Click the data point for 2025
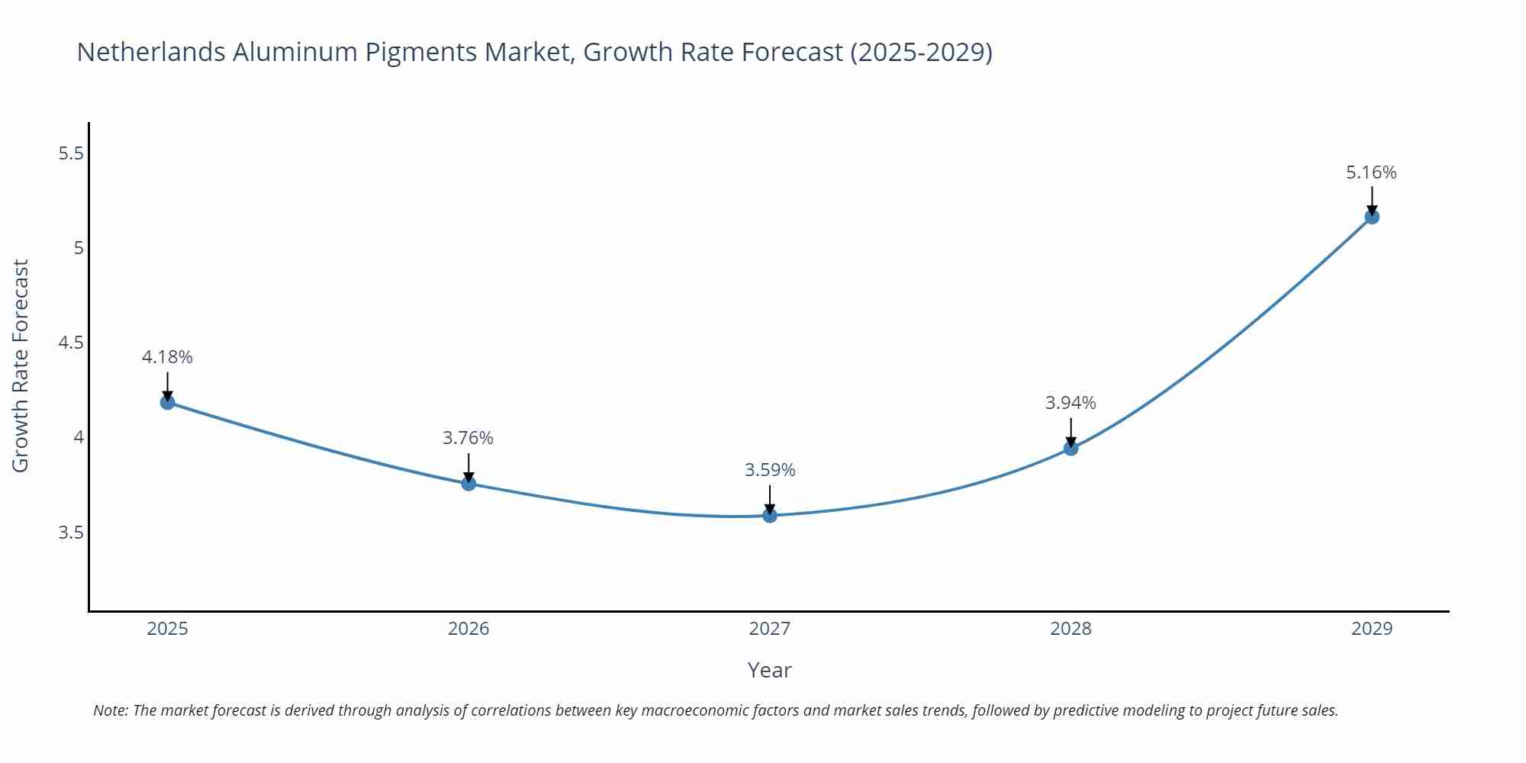168,402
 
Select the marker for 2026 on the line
468,483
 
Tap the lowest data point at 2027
770,516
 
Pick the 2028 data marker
1070,448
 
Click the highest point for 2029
1372,217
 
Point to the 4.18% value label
167,357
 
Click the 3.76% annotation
468,438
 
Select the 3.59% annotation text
770,470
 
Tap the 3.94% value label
1070,403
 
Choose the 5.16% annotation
1371,172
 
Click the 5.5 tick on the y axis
71,153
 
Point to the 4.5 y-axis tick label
71,343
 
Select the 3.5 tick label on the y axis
71,533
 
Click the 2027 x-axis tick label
770,629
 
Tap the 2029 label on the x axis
1372,629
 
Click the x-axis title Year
769,670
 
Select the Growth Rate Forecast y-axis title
21,365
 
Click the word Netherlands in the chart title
151,52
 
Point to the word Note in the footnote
110,710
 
